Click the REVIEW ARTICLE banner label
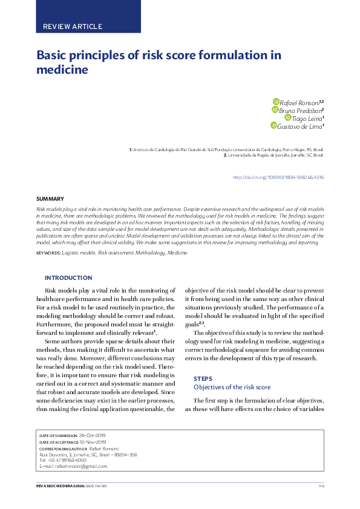pos(73,27)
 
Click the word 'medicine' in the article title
pos(63,70)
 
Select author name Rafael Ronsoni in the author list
pos(301,102)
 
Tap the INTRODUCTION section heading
pos(68,278)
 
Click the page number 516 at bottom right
pos(321,486)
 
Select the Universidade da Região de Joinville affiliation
pos(274,155)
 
